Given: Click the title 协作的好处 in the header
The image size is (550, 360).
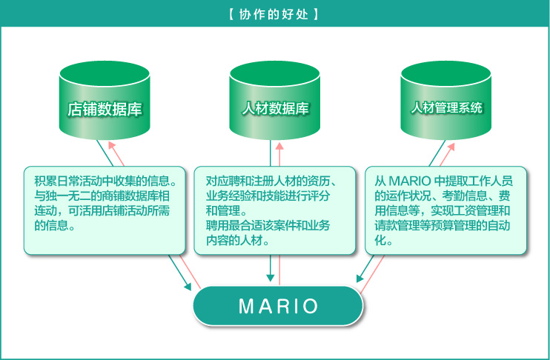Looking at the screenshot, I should [274, 14].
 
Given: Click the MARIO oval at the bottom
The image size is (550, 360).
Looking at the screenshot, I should [278, 306].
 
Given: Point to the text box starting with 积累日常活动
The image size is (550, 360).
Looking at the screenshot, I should [105, 210].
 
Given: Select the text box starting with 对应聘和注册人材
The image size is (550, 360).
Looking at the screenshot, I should [275, 210].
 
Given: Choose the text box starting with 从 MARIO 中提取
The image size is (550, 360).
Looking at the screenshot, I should [446, 210].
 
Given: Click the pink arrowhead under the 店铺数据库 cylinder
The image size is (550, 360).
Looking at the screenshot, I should [109, 146].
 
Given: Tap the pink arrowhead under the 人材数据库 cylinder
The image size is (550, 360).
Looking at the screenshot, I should [279, 146].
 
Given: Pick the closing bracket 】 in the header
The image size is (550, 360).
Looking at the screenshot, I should [317, 14].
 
